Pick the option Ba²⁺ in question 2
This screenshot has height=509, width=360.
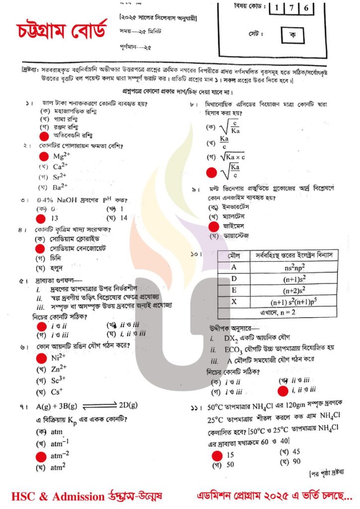coord(60,187)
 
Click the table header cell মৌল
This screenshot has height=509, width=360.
coord(234,255)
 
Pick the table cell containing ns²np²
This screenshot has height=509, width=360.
coord(290,266)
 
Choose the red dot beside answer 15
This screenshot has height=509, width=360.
coord(217,455)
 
